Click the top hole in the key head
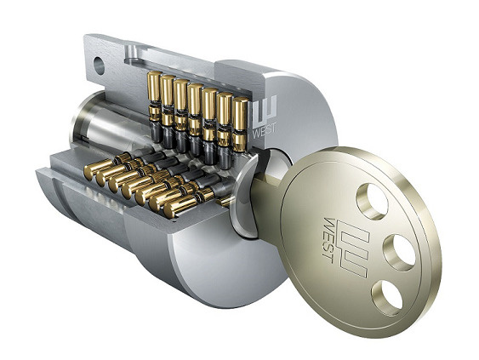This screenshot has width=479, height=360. [x=372, y=202]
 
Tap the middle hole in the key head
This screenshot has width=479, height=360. [x=399, y=253]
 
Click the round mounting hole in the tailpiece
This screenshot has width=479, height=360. [x=99, y=66]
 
